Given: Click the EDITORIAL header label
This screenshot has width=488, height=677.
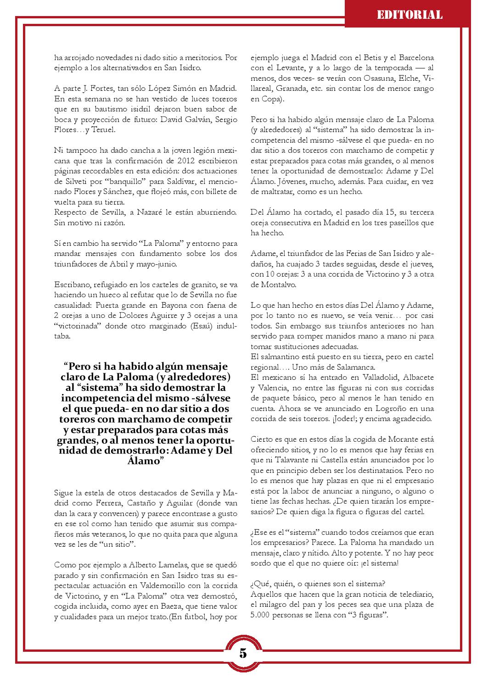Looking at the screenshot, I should pos(409,15).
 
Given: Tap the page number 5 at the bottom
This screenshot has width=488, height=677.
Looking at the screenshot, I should pos(243,653).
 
